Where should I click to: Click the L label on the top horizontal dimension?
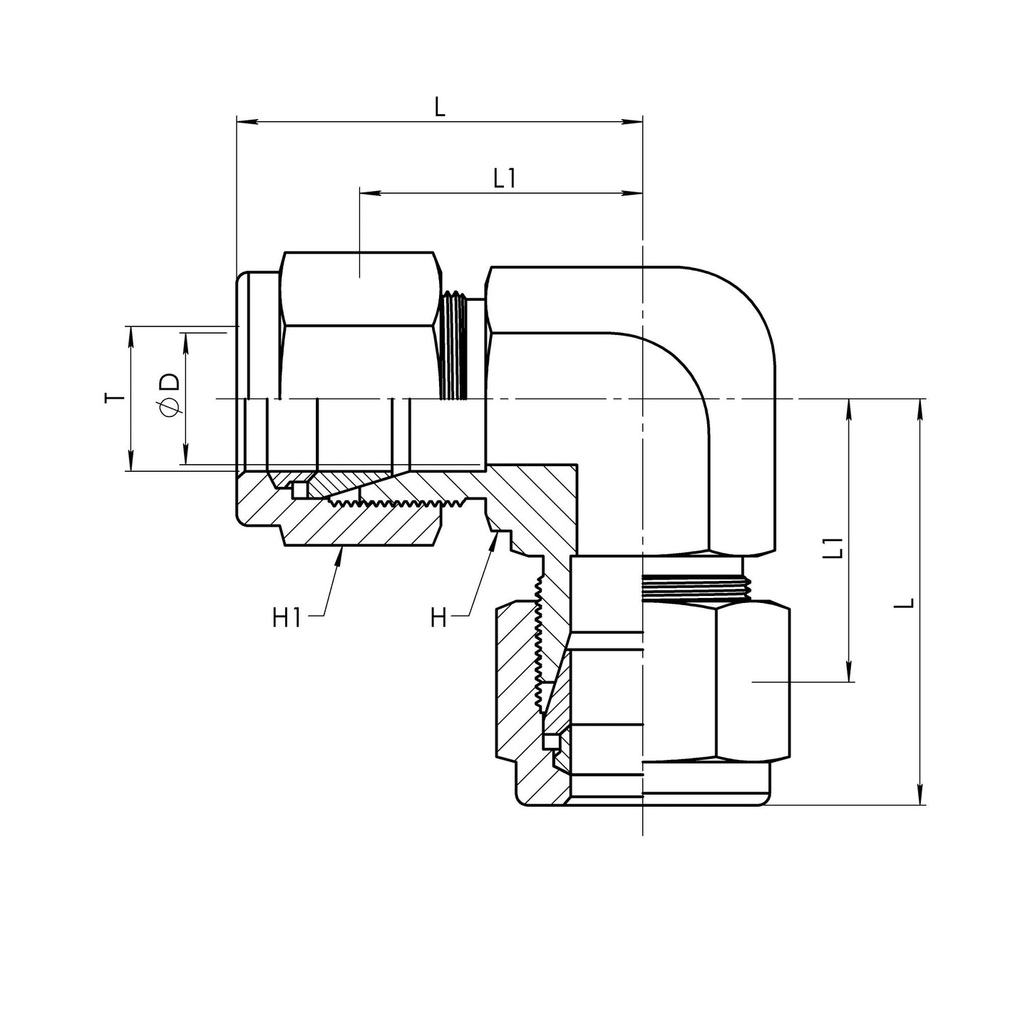click(x=440, y=107)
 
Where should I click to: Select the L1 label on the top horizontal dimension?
click(x=504, y=178)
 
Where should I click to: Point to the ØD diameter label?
click(x=170, y=396)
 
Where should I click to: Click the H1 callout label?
click(x=287, y=618)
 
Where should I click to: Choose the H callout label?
click(x=438, y=618)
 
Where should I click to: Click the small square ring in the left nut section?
click(x=299, y=490)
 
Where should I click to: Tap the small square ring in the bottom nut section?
click(x=549, y=741)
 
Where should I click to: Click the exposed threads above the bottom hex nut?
click(x=695, y=587)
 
